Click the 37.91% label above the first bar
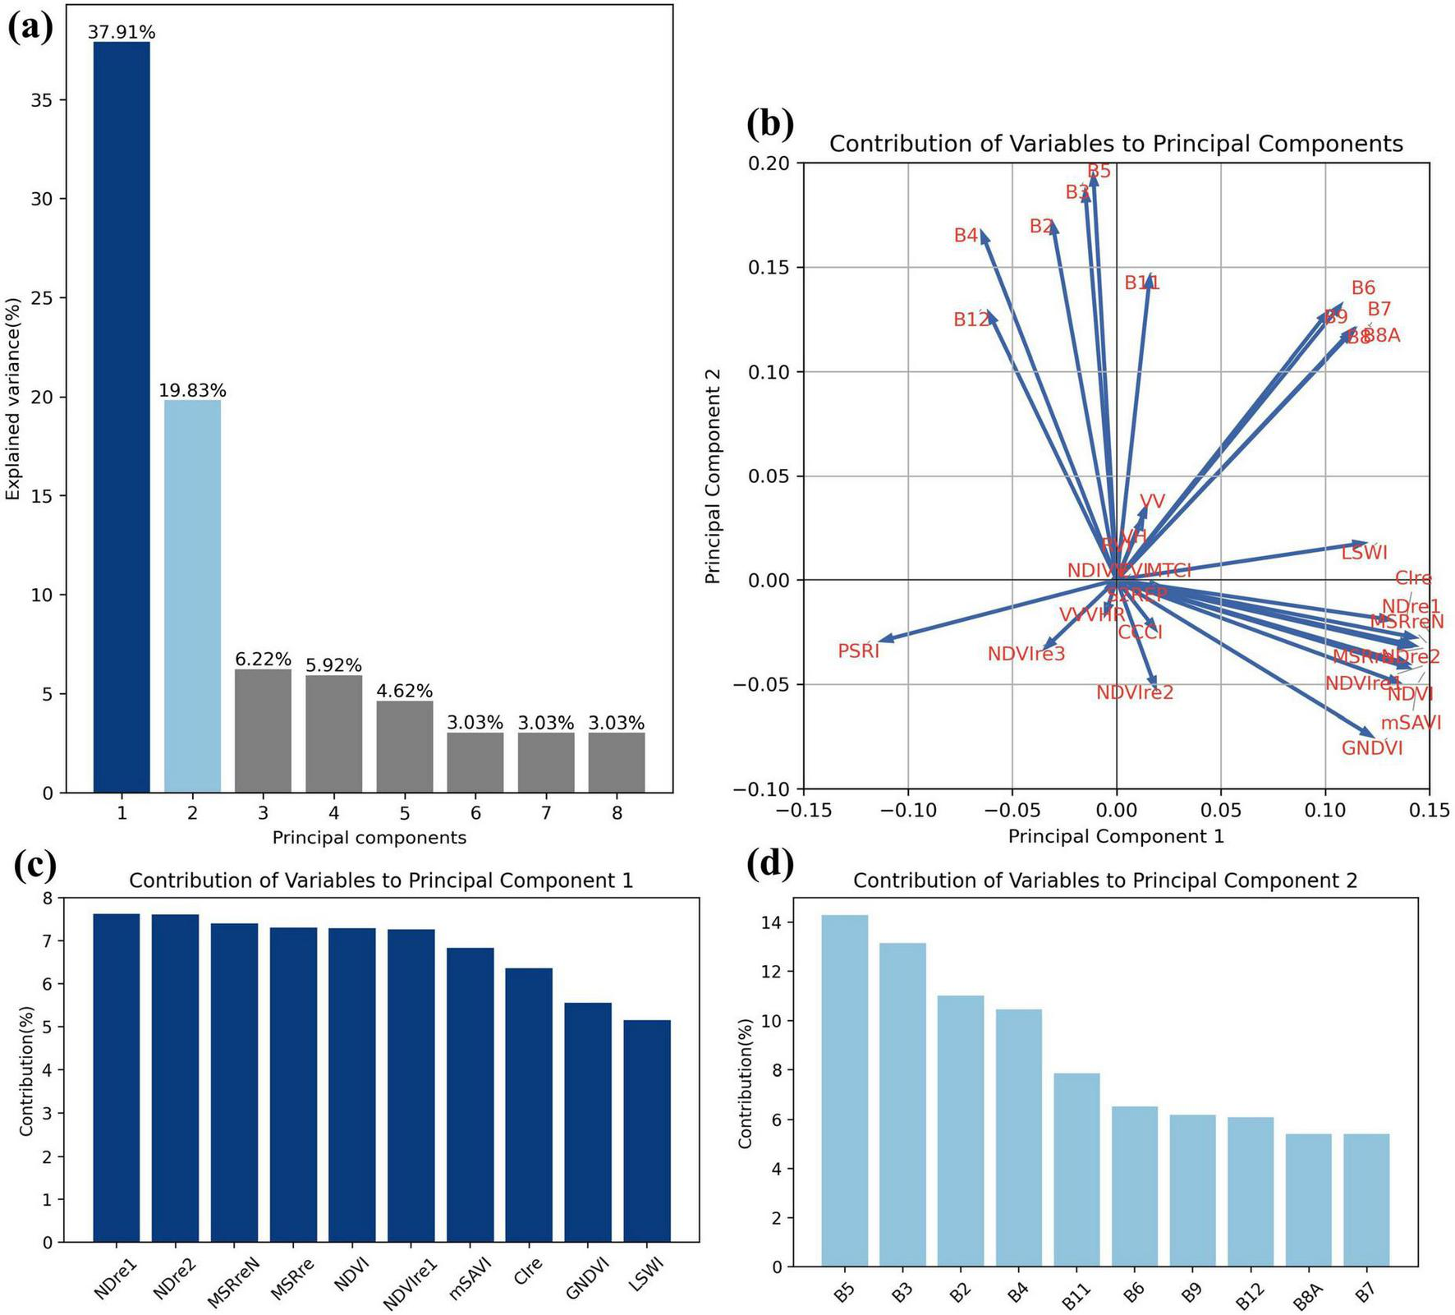pyautogui.click(x=122, y=32)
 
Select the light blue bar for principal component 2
pyautogui.click(x=192, y=595)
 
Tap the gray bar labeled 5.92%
pyautogui.click(x=333, y=733)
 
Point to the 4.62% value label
pyautogui.click(x=404, y=691)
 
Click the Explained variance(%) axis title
pyautogui.click(x=13, y=398)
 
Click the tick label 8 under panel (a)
pyautogui.click(x=617, y=813)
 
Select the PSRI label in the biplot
pyautogui.click(x=859, y=651)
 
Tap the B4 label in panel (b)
pyautogui.click(x=966, y=236)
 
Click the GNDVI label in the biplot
pyautogui.click(x=1372, y=748)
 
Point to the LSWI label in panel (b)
pyautogui.click(x=1364, y=553)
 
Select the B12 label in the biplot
pyautogui.click(x=971, y=320)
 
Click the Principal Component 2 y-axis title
pyautogui.click(x=714, y=476)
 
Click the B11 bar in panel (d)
pyautogui.click(x=1076, y=1170)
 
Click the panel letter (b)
pyautogui.click(x=770, y=123)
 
